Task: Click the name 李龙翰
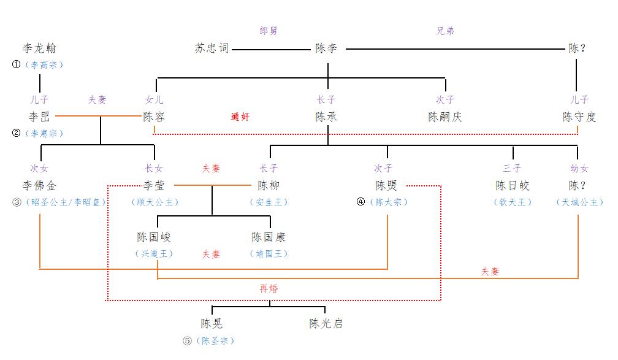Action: pyautogui.click(x=39, y=48)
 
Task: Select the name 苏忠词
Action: pyautogui.click(x=212, y=48)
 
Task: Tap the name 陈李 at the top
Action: pyautogui.click(x=326, y=48)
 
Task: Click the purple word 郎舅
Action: pyautogui.click(x=269, y=30)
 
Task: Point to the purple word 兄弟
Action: pyautogui.click(x=445, y=30)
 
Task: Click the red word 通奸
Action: pyautogui.click(x=240, y=117)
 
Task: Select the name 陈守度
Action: pyautogui.click(x=579, y=117)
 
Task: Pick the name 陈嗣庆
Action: pyautogui.click(x=445, y=117)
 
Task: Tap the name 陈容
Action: pyautogui.click(x=154, y=117)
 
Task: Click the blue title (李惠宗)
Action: pyautogui.click(x=44, y=133)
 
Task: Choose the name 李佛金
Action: pyautogui.click(x=39, y=185)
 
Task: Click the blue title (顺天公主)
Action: pyautogui.click(x=154, y=202)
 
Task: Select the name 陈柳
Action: pyautogui.click(x=269, y=185)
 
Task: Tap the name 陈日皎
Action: pyautogui.click(x=513, y=185)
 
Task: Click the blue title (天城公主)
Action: pyautogui.click(x=579, y=202)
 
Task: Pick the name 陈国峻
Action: pyautogui.click(x=154, y=237)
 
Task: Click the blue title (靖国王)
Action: pyautogui.click(x=269, y=253)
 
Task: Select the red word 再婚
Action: pyautogui.click(x=269, y=288)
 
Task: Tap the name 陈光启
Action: pyautogui.click(x=326, y=323)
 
